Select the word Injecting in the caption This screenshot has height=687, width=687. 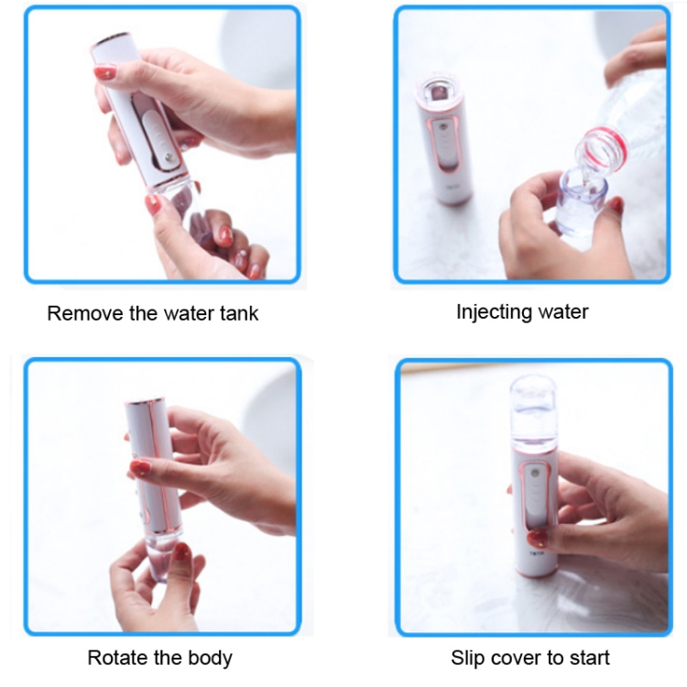coord(495,313)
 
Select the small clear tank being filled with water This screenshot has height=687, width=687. coord(581,206)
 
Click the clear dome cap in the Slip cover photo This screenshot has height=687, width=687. coord(533,397)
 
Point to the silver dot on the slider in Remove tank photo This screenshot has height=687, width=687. coord(168,157)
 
